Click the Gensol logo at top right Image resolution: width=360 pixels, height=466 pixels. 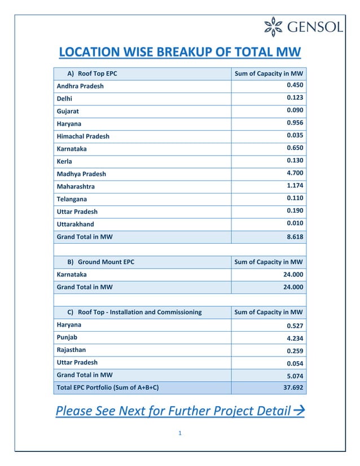304,27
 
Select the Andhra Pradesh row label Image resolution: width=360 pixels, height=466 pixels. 80,86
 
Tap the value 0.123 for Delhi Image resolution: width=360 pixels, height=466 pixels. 295,98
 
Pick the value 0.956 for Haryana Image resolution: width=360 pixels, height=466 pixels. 295,123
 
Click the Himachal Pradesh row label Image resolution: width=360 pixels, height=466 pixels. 83,137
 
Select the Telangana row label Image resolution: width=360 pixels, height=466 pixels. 72,199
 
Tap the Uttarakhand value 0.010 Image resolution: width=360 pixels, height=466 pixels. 295,223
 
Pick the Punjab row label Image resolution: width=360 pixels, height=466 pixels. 67,337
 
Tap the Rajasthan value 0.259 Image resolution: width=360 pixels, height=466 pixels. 295,351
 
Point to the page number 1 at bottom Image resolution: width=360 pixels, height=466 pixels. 179,433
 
